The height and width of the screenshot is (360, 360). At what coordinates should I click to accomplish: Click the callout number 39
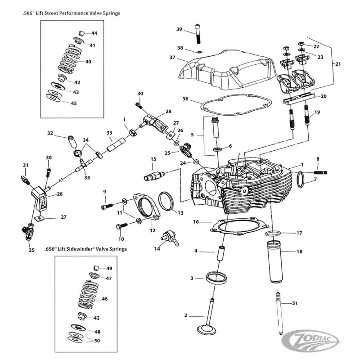[179, 29]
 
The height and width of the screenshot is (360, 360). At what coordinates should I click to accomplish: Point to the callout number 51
[295, 303]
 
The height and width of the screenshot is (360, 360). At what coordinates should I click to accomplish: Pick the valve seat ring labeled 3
[215, 279]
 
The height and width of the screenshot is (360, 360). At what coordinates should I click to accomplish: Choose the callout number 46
[104, 299]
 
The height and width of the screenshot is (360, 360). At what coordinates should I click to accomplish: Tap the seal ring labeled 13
[166, 200]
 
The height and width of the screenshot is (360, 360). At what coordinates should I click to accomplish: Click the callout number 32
[50, 133]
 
